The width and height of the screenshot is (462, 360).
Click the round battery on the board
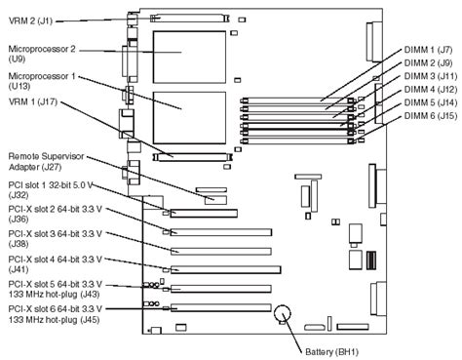(284, 313)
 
